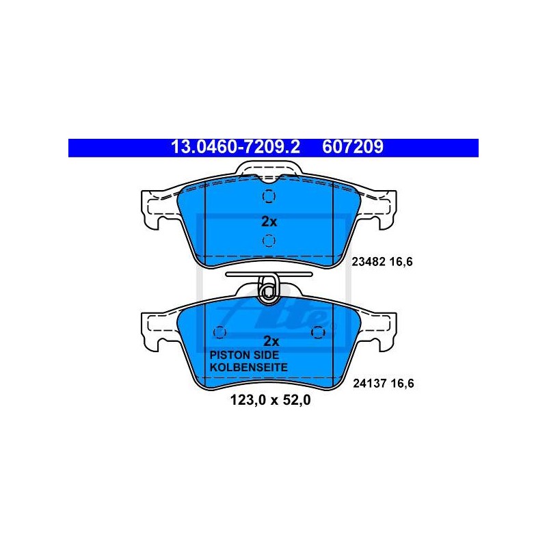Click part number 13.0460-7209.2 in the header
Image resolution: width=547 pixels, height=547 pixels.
click(235, 147)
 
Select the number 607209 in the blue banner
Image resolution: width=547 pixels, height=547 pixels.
click(352, 147)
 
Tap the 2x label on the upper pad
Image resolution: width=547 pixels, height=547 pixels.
click(269, 222)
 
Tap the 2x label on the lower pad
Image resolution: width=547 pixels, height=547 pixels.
click(271, 341)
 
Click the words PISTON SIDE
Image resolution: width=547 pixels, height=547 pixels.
click(244, 355)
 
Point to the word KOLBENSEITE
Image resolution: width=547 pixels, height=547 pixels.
click(249, 367)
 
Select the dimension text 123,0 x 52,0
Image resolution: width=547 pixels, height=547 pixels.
click(270, 400)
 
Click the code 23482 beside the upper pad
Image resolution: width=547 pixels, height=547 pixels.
click(368, 262)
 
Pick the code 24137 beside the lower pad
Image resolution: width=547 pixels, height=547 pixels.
click(369, 384)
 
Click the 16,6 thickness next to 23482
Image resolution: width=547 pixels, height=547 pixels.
click(401, 262)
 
